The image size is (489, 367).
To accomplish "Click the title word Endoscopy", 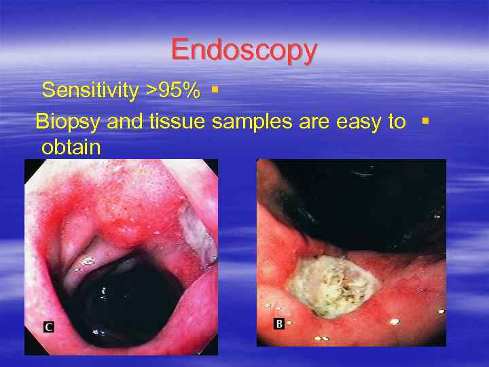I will click(244, 50).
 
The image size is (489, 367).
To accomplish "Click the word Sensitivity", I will click(91, 90).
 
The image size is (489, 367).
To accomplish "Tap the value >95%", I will click(173, 90).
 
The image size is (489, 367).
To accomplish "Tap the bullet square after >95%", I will click(215, 89).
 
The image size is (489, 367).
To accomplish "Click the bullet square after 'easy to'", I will click(424, 121).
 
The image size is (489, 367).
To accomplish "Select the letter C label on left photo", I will click(48, 328).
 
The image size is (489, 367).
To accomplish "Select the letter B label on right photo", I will click(278, 324).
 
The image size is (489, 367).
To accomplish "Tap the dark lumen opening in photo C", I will click(137, 292).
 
